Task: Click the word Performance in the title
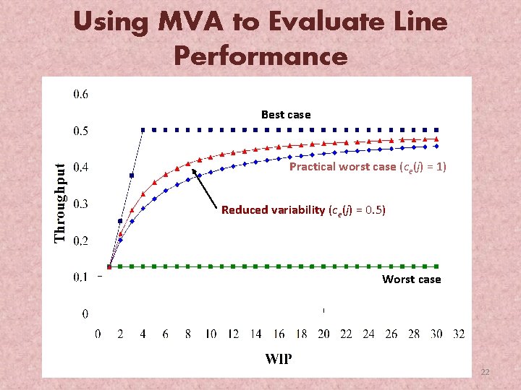(260, 55)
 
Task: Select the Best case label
(286, 115)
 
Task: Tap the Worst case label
(411, 279)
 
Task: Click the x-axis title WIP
(279, 359)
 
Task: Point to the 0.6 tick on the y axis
(81, 93)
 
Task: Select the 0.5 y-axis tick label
(81, 131)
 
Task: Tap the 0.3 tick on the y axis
(81, 204)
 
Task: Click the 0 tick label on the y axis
(85, 314)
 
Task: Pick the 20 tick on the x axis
(323, 334)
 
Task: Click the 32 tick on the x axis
(458, 334)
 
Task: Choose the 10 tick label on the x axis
(211, 334)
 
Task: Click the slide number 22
(485, 372)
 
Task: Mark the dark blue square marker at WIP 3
(132, 175)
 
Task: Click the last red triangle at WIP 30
(435, 139)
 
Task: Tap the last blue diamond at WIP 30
(435, 146)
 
